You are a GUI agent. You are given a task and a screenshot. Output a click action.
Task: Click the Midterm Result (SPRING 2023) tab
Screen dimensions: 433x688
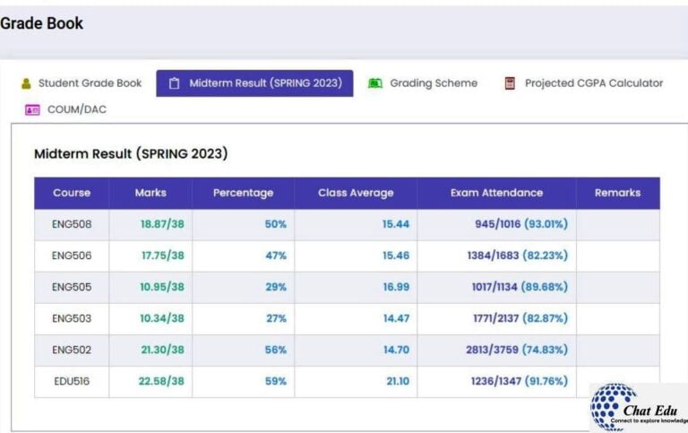(255, 83)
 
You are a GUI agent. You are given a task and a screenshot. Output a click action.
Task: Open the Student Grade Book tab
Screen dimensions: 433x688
(82, 83)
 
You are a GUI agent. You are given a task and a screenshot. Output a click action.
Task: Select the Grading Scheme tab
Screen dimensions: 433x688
(423, 83)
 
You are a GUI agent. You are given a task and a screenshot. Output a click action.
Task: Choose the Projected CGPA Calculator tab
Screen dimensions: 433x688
(583, 83)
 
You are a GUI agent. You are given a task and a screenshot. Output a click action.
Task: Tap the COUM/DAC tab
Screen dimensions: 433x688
(66, 109)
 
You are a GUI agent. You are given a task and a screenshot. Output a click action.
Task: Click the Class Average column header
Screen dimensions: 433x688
(356, 193)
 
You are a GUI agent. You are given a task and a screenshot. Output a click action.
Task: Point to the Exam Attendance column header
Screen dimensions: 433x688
(496, 193)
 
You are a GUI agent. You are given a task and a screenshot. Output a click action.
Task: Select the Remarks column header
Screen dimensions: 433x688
(617, 193)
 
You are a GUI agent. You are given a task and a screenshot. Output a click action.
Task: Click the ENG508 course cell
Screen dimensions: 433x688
(72, 224)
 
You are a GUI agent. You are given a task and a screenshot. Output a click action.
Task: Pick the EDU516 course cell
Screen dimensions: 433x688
(72, 381)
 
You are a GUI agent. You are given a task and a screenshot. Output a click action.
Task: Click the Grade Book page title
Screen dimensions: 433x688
(42, 23)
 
